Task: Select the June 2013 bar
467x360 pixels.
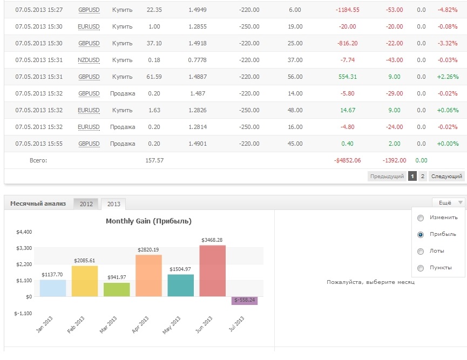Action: click(212, 270)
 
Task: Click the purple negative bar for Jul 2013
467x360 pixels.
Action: click(245, 301)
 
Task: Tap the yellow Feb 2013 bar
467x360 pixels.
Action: click(85, 281)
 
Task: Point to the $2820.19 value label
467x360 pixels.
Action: click(148, 249)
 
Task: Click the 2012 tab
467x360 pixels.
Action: click(86, 204)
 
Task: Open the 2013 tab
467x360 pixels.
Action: click(113, 204)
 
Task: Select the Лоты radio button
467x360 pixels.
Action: click(421, 252)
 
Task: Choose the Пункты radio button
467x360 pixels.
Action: click(421, 268)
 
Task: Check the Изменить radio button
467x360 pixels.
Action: click(421, 218)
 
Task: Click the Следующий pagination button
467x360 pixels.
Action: click(446, 176)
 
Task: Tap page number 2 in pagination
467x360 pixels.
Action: click(422, 176)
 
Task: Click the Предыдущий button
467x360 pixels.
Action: click(387, 176)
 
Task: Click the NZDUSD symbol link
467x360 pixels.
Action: click(89, 60)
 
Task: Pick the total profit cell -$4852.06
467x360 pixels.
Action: click(347, 160)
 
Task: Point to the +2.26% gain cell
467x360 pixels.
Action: click(448, 77)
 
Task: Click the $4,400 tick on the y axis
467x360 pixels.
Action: click(24, 232)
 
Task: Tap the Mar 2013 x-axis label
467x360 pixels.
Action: click(109, 324)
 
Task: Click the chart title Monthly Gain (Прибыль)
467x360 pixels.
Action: click(148, 221)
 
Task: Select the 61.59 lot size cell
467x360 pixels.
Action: click(154, 77)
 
